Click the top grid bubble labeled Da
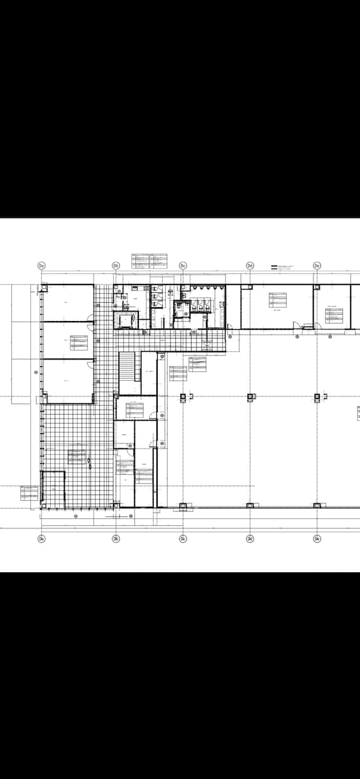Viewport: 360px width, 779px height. pos(41,266)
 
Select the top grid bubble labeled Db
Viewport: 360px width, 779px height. pos(116,266)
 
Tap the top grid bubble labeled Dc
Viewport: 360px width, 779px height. pos(183,266)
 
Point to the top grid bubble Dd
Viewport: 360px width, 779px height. pos(250,266)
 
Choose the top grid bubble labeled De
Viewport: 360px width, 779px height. pos(317,266)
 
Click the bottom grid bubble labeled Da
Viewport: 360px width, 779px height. pos(41,539)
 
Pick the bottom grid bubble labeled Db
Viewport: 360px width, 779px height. pos(116,539)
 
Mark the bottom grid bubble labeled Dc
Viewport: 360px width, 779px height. pos(183,539)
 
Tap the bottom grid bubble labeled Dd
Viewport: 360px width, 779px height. pos(250,539)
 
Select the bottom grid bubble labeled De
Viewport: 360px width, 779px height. pos(317,539)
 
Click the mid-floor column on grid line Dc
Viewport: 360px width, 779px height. pos(183,396)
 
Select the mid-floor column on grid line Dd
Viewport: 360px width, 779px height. pos(250,396)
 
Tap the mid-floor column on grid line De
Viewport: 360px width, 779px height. pos(317,396)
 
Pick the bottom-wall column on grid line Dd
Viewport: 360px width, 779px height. pos(250,505)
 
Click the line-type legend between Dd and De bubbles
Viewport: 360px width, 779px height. pos(282,268)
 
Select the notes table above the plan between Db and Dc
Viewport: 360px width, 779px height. pos(149,260)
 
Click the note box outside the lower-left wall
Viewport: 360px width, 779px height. pos(30,493)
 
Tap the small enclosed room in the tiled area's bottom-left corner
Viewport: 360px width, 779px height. pos(53,489)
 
